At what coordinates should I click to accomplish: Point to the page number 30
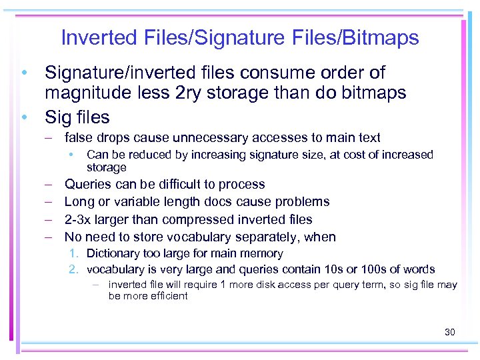pyautogui.click(x=449, y=331)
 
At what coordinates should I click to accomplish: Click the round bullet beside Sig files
pyautogui.click(x=24, y=117)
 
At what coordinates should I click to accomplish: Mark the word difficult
pyautogui.click(x=171, y=185)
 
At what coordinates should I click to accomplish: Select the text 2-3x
pyautogui.click(x=79, y=219)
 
